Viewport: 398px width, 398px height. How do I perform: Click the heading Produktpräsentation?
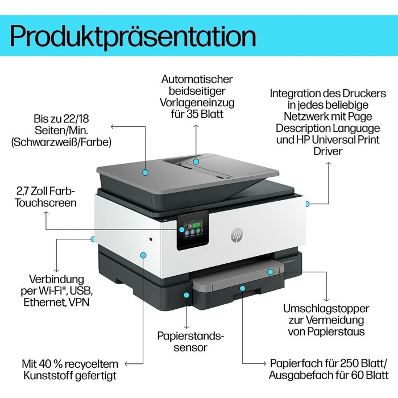(133, 35)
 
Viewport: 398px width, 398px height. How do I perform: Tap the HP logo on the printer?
(236, 235)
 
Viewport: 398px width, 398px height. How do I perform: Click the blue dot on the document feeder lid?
(145, 171)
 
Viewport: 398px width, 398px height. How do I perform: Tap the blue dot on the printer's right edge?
(306, 203)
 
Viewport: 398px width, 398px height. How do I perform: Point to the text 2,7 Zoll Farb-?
(49, 190)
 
